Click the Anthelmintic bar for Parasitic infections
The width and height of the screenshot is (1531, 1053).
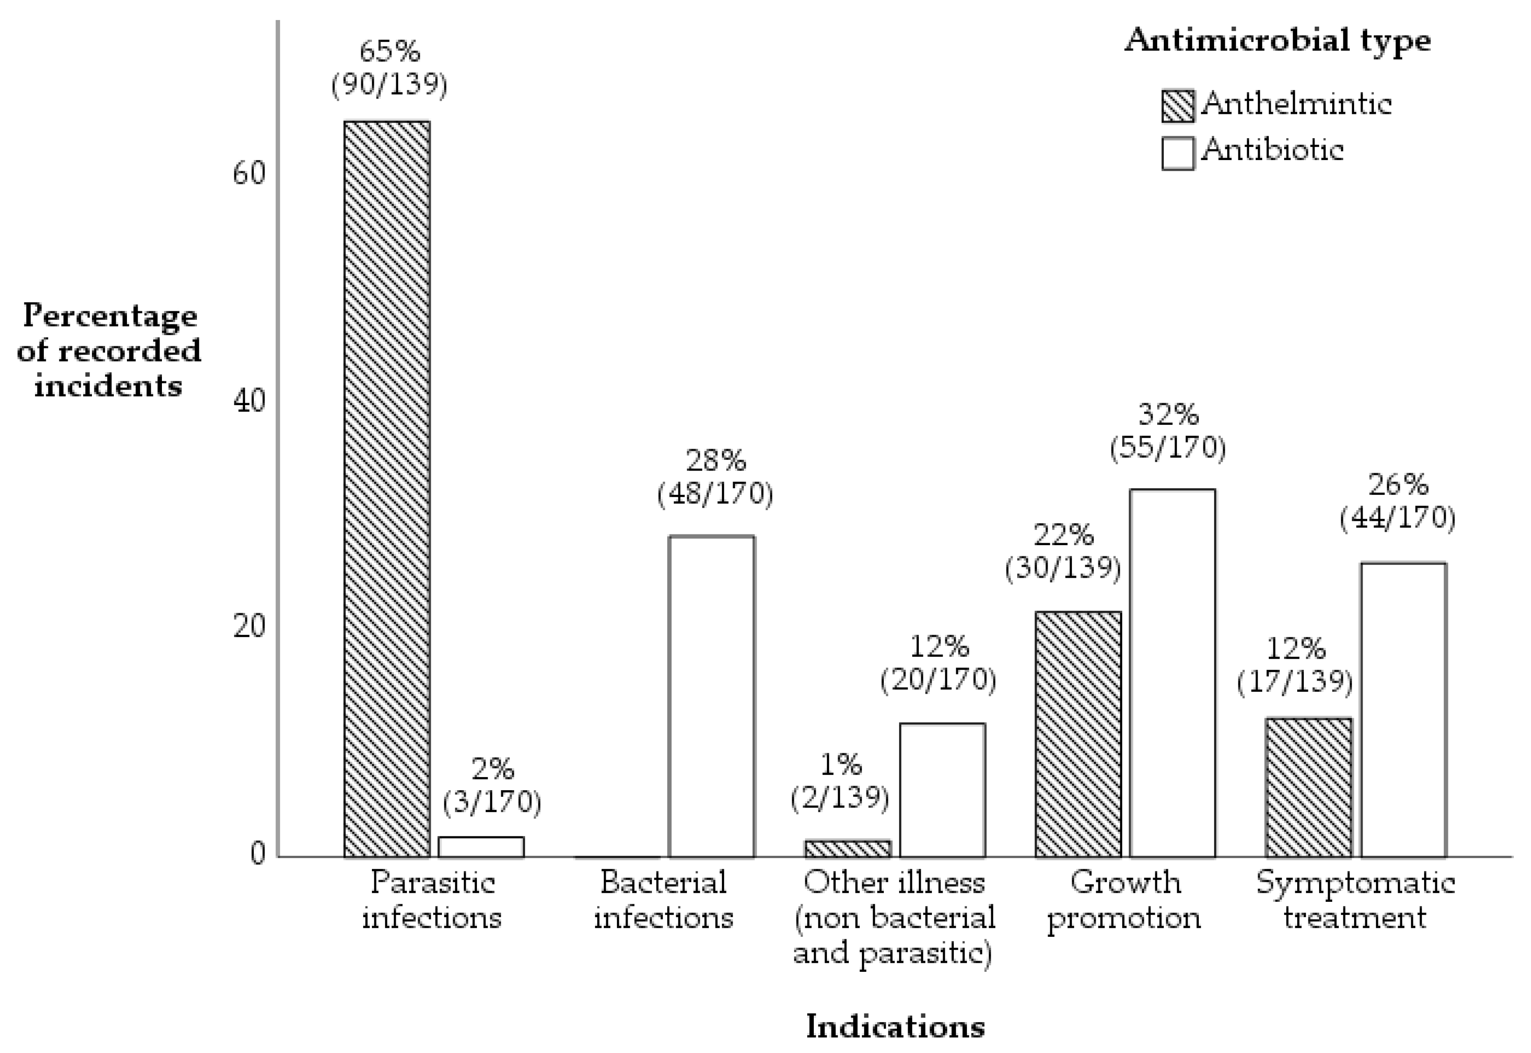point(387,489)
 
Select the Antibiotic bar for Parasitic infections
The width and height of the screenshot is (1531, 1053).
point(481,847)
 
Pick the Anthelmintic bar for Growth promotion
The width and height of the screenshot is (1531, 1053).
point(1078,734)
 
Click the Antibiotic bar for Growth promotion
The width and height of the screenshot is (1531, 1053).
point(1172,673)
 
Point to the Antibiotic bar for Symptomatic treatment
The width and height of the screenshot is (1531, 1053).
point(1404,710)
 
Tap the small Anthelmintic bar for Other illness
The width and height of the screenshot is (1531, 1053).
point(847,849)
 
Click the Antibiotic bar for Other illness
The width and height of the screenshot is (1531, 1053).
point(942,790)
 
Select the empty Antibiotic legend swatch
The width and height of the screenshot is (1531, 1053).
point(1177,153)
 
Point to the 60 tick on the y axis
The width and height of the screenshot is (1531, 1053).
point(249,174)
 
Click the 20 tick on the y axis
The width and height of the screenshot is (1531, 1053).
point(249,627)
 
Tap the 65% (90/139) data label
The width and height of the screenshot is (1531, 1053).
point(389,68)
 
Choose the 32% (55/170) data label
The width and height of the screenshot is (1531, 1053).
point(1167,431)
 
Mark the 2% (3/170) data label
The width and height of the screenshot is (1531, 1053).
point(492,786)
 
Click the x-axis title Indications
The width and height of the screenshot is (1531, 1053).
point(895,1026)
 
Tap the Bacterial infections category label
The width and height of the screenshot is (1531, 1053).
point(663,900)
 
